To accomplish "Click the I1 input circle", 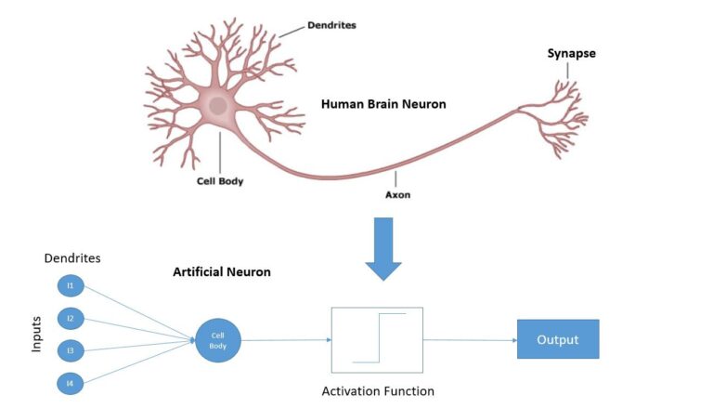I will click(x=71, y=285).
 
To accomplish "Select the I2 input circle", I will click(x=71, y=318).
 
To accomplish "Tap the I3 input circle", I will click(x=71, y=349).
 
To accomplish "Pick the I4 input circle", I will click(x=71, y=382).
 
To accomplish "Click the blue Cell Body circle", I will click(x=217, y=340).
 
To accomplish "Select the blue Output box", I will click(x=557, y=339).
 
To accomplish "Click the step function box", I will click(x=377, y=339).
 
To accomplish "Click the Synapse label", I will click(x=571, y=54).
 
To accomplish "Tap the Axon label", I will click(x=398, y=195).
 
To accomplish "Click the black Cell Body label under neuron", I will click(x=220, y=181).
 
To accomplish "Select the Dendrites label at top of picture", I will click(x=331, y=26).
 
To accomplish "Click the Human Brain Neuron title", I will click(x=383, y=104).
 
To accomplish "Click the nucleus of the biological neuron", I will click(x=219, y=105).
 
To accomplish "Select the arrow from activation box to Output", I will click(x=470, y=340).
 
